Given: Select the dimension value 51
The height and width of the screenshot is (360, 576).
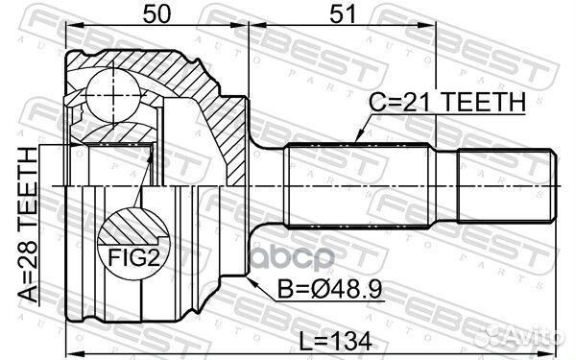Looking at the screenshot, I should click(338, 14).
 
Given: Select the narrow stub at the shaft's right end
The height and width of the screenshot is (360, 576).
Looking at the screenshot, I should click(505, 184).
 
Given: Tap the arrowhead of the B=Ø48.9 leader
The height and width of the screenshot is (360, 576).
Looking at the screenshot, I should click(247, 276).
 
